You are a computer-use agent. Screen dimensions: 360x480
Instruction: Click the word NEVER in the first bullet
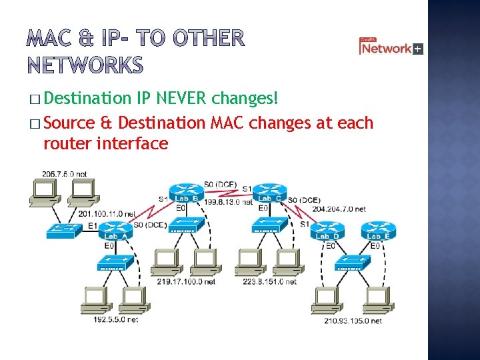point(182,99)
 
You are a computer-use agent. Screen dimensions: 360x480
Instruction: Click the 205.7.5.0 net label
point(64,174)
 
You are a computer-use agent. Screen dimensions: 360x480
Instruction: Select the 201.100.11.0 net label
point(107,214)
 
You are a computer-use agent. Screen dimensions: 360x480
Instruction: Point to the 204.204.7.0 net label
point(339,209)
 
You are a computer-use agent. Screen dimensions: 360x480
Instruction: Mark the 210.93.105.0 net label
point(353,321)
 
